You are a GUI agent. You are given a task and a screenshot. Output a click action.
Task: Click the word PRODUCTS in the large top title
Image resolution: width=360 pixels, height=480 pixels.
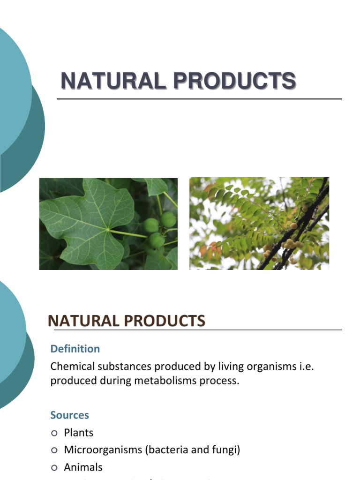[234, 81]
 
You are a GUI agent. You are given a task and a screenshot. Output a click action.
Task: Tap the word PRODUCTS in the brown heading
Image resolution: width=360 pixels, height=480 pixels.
[165, 321]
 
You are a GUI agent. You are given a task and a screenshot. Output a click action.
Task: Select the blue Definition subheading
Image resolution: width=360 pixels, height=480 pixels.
[75, 349]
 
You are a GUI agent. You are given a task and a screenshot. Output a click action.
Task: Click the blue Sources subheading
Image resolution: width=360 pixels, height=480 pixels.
[69, 415]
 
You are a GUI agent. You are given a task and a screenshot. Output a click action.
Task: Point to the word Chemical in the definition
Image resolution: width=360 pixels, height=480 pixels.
[72, 366]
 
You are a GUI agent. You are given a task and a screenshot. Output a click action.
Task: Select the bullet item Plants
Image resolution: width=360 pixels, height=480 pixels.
[78, 433]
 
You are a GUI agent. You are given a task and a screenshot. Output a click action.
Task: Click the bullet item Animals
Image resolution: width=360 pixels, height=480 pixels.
[83, 467]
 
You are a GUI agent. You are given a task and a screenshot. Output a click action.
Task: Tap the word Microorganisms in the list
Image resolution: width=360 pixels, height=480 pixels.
[103, 450]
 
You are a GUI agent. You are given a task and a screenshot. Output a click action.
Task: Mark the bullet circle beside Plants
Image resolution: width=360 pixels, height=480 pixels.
[54, 433]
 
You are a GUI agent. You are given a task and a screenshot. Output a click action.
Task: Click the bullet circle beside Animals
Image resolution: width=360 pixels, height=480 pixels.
[54, 467]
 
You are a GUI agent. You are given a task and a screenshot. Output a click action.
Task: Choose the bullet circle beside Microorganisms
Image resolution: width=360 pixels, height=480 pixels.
[54, 450]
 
